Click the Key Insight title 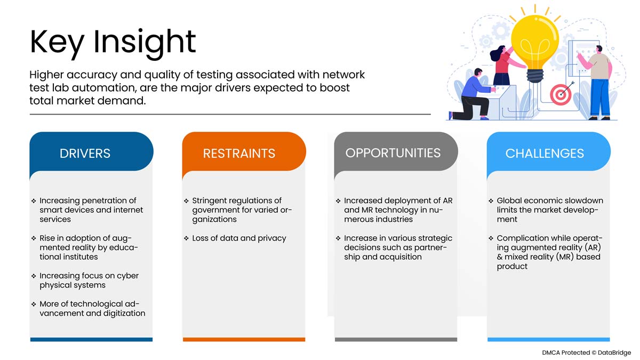[113, 43]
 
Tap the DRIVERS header [85, 154]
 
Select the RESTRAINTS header [239, 154]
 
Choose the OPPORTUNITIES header [393, 153]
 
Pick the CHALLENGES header [545, 154]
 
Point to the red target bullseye [561, 94]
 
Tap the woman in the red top [505, 65]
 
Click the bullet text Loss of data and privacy [239, 238]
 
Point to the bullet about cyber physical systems [89, 281]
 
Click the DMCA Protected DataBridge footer [586, 353]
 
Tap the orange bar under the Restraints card [244, 339]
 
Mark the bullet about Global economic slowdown [550, 210]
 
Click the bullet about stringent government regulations [242, 210]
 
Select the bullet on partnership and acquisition [398, 247]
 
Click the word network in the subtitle [343, 75]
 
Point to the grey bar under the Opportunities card [396, 339]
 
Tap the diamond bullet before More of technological [34, 305]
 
